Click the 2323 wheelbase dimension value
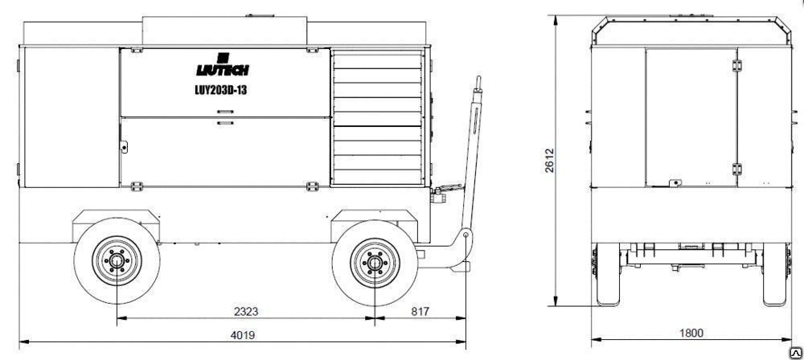[245, 311]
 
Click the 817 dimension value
[420, 311]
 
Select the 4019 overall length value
[243, 335]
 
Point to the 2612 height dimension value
[549, 161]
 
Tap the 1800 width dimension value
[691, 333]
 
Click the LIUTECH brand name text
[223, 70]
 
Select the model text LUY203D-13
[222, 90]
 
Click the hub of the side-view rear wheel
[117, 260]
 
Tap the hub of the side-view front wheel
[375, 263]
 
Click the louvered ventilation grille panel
[377, 117]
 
